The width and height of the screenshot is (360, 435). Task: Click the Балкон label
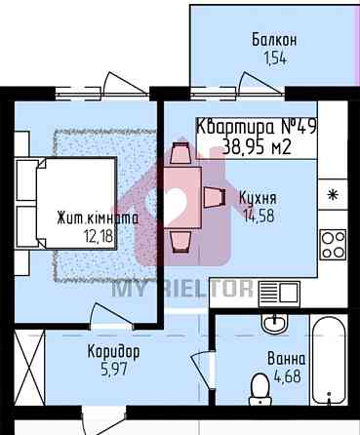(274, 40)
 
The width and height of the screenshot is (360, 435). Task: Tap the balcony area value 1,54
(275, 59)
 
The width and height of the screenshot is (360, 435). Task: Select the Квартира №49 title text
(257, 127)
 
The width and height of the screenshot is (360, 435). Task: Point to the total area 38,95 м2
(257, 148)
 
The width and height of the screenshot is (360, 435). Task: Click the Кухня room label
(258, 199)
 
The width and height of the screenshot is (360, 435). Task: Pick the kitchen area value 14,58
(260, 216)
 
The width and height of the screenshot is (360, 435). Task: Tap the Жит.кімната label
(98, 217)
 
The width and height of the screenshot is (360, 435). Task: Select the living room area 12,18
(99, 235)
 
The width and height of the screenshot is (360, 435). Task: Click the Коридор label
(114, 352)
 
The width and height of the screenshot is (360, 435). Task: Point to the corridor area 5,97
(114, 370)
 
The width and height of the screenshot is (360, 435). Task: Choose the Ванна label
(286, 359)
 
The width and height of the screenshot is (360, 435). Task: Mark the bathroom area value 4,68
(287, 376)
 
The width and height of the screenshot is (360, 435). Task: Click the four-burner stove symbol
(333, 244)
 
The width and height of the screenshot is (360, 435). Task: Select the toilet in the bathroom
(260, 389)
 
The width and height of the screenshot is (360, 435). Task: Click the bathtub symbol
(329, 360)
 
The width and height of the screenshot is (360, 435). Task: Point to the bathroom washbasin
(274, 324)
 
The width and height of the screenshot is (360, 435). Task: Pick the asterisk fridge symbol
(333, 195)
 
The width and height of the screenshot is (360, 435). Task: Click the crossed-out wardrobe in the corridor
(29, 368)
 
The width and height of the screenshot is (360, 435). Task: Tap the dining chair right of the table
(215, 197)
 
